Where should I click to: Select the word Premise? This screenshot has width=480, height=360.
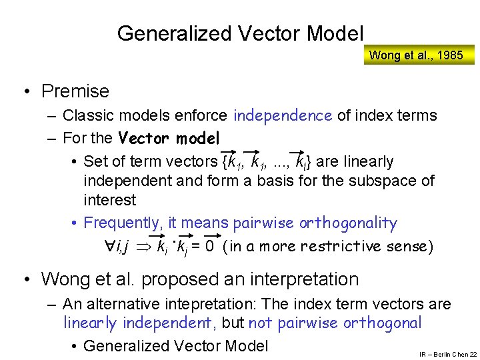coord(75,91)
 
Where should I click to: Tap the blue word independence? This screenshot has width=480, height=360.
coord(283,115)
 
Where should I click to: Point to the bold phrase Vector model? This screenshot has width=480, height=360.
coord(169,139)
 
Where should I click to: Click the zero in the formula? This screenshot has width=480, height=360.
coord(209,247)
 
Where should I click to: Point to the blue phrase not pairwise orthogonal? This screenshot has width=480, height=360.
coord(335,323)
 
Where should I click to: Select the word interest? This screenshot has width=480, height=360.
coord(109,200)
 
